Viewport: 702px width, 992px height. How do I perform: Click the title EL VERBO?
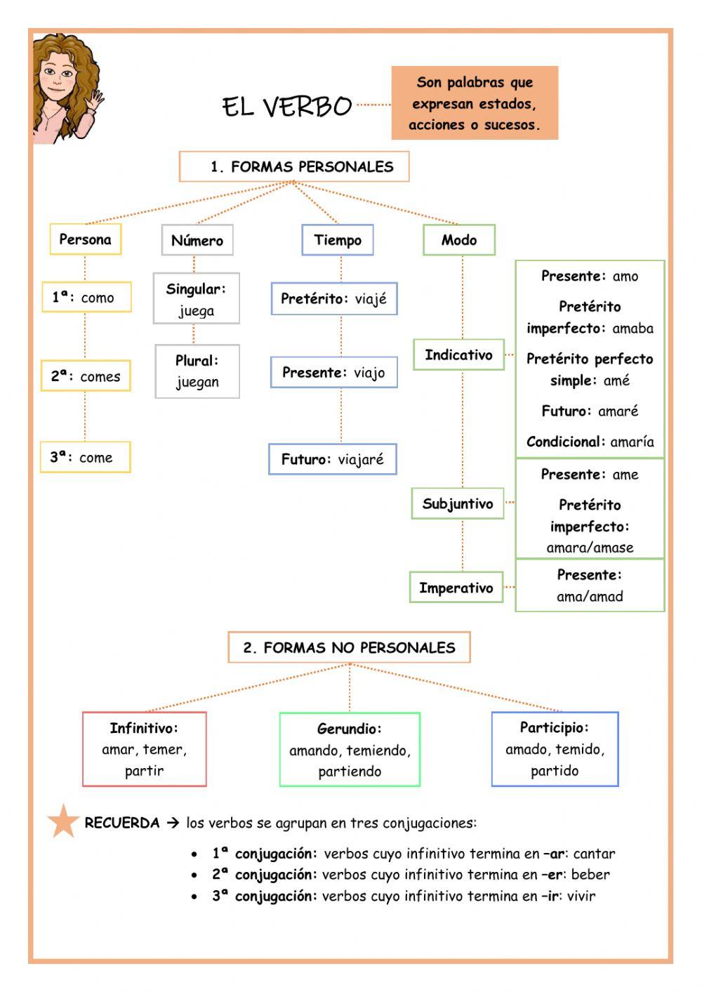286,107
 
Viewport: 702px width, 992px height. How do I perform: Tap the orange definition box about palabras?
475,103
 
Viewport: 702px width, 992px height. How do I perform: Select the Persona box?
85,239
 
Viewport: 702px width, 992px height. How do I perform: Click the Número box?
197,240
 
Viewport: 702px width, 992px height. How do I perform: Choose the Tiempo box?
338,240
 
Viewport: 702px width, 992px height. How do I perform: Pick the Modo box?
459,240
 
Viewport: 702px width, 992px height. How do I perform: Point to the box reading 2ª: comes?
86,376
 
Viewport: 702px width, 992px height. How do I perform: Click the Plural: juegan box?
197,371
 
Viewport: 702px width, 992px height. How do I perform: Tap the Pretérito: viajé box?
334,299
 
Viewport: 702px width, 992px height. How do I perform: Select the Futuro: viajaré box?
333,460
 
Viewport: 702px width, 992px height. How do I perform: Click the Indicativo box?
458,355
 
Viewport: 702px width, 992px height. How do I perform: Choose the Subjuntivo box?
458,504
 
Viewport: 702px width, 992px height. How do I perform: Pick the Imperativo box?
456,588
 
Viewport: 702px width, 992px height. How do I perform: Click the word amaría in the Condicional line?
632,442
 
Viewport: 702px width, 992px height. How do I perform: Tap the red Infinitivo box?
145,749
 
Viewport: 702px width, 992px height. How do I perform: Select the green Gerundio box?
350,750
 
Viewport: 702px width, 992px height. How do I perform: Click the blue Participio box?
555,749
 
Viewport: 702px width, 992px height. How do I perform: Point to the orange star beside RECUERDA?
63,821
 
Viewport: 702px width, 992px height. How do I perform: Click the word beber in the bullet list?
590,875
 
